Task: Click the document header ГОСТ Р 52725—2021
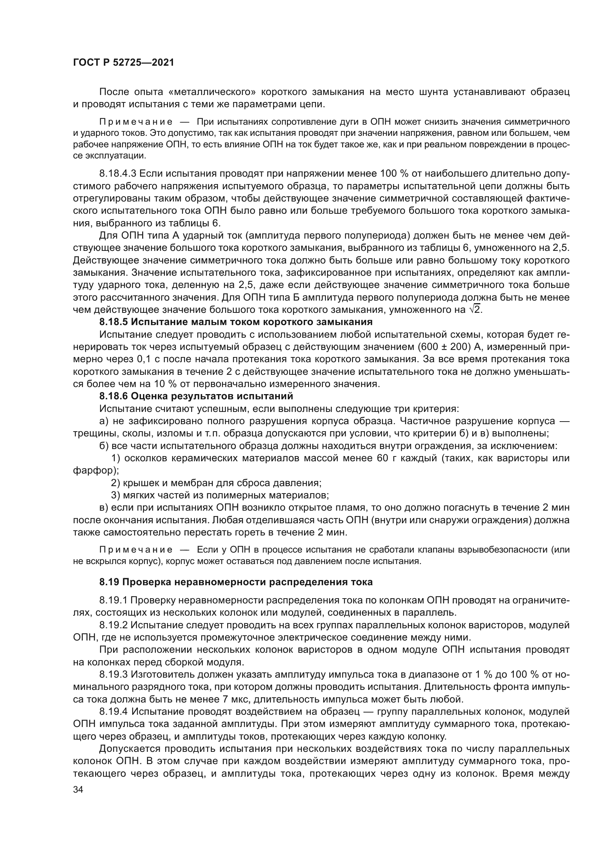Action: coord(123,63)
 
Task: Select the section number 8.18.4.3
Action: coord(118,174)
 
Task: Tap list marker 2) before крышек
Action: coord(116,483)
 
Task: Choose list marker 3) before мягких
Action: coord(116,495)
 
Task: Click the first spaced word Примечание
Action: coord(136,122)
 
